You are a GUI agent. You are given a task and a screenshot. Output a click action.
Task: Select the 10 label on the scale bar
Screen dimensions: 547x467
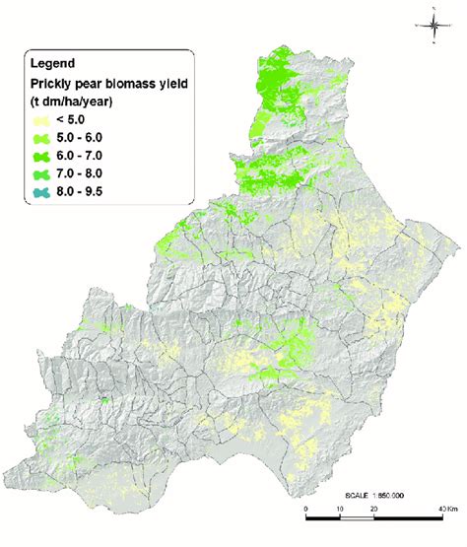click(340, 521)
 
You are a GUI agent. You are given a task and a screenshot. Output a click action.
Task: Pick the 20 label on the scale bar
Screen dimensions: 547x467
click(373, 521)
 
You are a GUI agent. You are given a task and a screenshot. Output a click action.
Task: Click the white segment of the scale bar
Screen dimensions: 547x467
click(357, 510)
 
